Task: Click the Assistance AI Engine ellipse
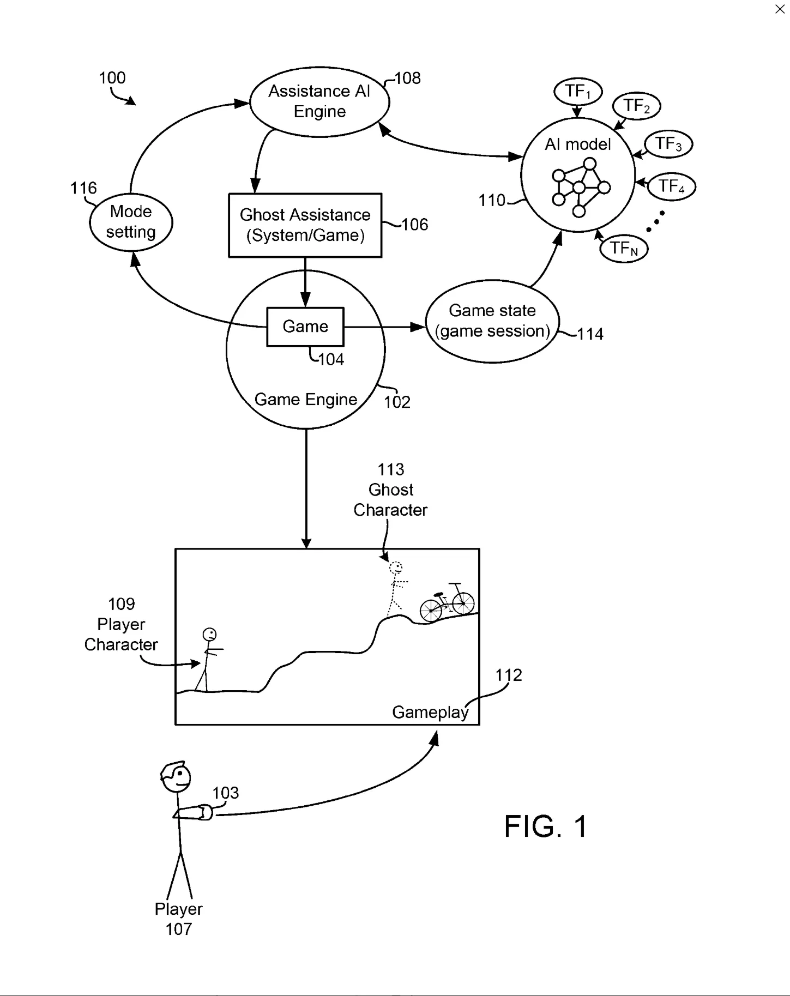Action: [x=319, y=101]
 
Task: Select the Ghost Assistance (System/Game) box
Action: [x=305, y=225]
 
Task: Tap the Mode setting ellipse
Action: [x=131, y=222]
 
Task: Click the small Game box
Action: [x=305, y=327]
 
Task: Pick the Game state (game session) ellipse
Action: [x=492, y=321]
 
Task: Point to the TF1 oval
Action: [x=578, y=91]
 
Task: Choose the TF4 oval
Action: [x=671, y=186]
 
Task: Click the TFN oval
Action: [x=624, y=249]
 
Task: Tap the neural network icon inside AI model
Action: [x=580, y=188]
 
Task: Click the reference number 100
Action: [x=112, y=78]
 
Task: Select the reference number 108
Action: [x=408, y=79]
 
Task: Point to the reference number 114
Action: [x=590, y=334]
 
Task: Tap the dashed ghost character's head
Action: [x=396, y=568]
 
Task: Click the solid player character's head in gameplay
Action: [x=209, y=634]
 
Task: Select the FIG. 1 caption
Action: [x=546, y=826]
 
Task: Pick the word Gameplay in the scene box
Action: [x=430, y=712]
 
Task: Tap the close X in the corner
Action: [x=780, y=9]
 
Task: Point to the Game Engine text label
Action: [x=306, y=400]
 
